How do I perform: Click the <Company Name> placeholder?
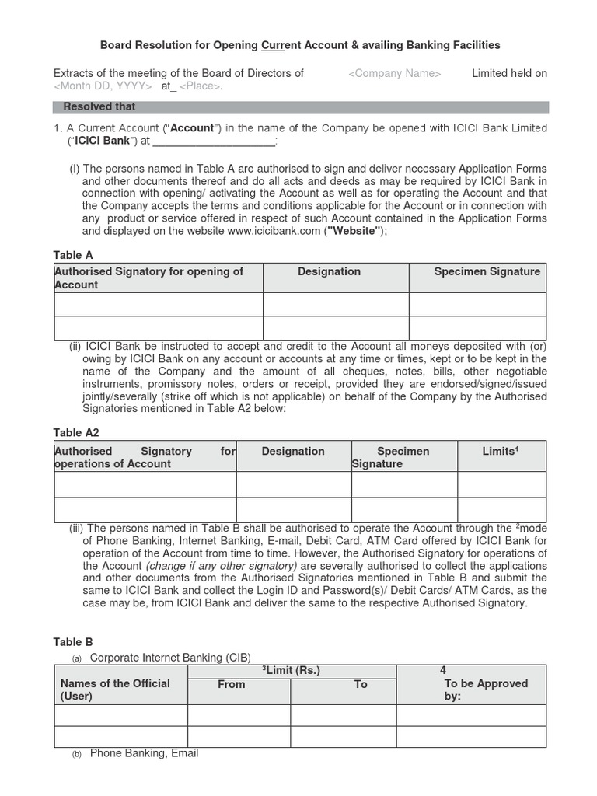(x=395, y=73)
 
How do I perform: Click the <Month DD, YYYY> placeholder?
(x=103, y=86)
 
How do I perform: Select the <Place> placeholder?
(x=201, y=86)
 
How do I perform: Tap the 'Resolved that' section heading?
(x=99, y=106)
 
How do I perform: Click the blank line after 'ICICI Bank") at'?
(x=214, y=141)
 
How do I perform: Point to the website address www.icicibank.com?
(x=274, y=231)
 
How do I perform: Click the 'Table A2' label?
(x=76, y=432)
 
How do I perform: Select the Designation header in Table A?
(x=329, y=271)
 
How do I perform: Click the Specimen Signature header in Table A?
(x=487, y=271)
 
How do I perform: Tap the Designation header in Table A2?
(x=293, y=451)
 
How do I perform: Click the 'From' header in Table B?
(x=231, y=684)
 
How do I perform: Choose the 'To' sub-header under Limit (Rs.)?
(x=361, y=684)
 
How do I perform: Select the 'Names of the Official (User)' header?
(x=115, y=690)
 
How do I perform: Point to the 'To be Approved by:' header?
(x=474, y=690)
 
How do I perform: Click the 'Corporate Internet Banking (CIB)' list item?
(x=170, y=657)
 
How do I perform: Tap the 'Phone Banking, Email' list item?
(x=144, y=752)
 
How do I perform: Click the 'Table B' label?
(x=73, y=641)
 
